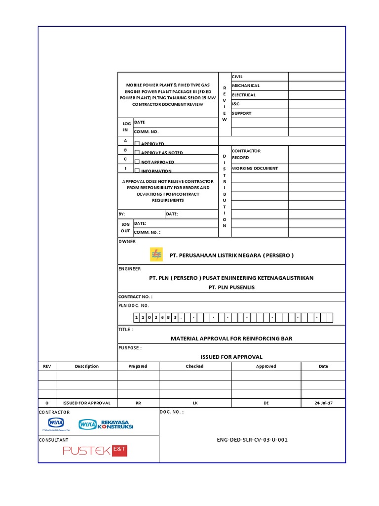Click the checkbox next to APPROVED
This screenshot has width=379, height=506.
(x=137, y=143)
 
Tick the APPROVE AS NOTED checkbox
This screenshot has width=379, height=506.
(x=137, y=153)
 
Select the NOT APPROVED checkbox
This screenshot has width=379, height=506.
(x=137, y=162)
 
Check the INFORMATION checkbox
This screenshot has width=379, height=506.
(x=137, y=171)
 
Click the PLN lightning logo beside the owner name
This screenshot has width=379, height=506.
(x=156, y=254)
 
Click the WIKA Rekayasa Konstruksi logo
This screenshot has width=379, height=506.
(x=106, y=424)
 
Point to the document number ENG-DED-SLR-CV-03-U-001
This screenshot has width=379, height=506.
(x=252, y=439)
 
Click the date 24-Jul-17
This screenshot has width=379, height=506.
(x=323, y=403)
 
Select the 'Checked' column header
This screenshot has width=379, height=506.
(x=194, y=366)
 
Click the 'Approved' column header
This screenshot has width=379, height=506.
(x=266, y=366)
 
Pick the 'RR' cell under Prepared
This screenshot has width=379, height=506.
(x=138, y=403)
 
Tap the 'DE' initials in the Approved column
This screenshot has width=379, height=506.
(x=266, y=403)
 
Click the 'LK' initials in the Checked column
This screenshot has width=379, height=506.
(x=195, y=403)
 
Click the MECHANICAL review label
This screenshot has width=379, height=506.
(x=246, y=85)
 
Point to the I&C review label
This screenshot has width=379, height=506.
(x=236, y=104)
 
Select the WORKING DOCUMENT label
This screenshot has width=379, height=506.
(x=255, y=169)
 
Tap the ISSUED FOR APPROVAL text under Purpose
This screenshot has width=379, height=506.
(x=231, y=357)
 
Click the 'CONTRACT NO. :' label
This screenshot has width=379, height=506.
(x=136, y=296)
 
